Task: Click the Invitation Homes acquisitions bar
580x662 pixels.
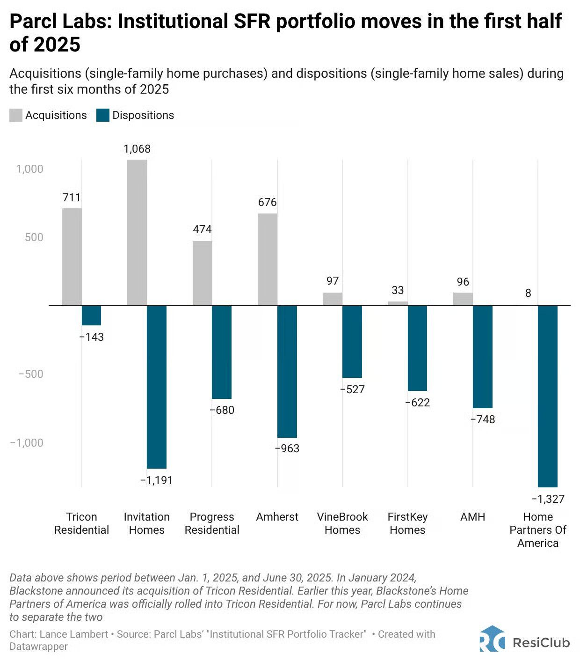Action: click(x=137, y=232)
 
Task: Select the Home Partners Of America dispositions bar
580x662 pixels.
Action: click(x=548, y=396)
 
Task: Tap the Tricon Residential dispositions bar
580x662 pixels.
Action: click(x=92, y=315)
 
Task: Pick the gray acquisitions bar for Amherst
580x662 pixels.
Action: click(x=268, y=259)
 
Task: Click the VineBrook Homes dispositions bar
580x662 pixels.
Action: click(x=352, y=341)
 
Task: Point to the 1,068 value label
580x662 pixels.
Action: click(x=137, y=149)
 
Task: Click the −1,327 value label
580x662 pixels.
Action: click(x=548, y=499)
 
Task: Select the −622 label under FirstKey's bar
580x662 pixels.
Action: click(x=417, y=403)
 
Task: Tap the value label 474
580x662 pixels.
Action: click(x=202, y=229)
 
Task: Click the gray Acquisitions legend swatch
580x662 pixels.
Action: click(x=16, y=115)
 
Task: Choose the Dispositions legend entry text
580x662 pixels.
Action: click(x=143, y=115)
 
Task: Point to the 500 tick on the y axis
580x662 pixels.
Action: click(x=34, y=237)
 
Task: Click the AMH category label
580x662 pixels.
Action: click(x=472, y=517)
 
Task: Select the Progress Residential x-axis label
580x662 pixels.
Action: click(x=212, y=523)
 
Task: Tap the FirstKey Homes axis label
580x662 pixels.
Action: click(x=407, y=523)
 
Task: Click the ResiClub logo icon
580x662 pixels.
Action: click(x=492, y=640)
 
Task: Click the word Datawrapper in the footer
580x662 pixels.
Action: click(x=38, y=647)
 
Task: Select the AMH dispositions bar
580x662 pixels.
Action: click(x=483, y=357)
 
